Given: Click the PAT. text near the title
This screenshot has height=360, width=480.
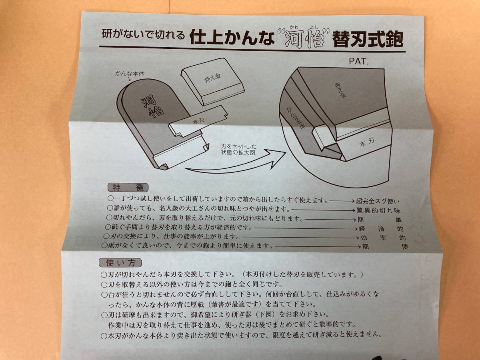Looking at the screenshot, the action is point(359,62).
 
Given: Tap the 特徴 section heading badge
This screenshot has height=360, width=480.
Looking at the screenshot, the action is point(128,188).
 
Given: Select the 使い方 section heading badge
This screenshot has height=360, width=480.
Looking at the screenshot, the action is point(120,263).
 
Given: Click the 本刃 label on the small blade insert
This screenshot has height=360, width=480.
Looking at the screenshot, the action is point(199,121).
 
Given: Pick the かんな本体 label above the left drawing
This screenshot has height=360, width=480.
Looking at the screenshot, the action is point(130,74).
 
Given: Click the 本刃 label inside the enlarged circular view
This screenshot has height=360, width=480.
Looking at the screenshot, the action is point(367,142).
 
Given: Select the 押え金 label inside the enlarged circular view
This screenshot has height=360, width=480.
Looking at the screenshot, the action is point(340,90).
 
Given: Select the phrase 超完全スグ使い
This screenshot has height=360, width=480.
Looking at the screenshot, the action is point(378,201).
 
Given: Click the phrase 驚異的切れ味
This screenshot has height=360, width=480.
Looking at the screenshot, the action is point(379,210).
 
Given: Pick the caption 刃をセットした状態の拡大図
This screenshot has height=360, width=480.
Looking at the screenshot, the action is point(238,150).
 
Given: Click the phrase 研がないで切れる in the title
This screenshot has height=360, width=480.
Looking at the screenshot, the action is point(143,34).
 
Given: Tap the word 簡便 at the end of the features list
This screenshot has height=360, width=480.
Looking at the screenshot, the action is point(385,246).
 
